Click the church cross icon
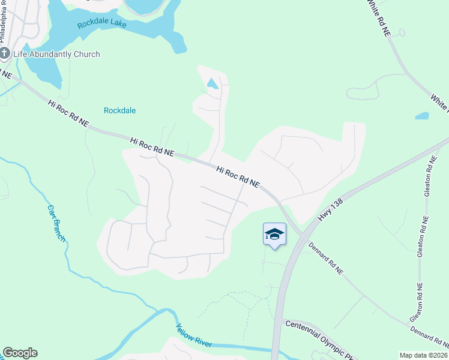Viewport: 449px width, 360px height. tap(5, 53)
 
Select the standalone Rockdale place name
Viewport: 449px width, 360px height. tap(119, 110)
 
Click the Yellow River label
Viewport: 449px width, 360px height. tap(194, 335)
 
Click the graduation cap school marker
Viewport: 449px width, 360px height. tap(274, 234)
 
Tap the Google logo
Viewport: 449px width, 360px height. tap(20, 353)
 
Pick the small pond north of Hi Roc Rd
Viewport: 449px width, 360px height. tap(212, 84)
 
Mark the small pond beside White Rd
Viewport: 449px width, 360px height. tap(422, 116)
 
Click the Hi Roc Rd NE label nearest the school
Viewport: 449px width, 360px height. tap(238, 177)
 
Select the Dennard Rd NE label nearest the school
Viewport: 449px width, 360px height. tap(326, 259)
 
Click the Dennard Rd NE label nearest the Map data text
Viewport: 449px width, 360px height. tap(429, 337)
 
